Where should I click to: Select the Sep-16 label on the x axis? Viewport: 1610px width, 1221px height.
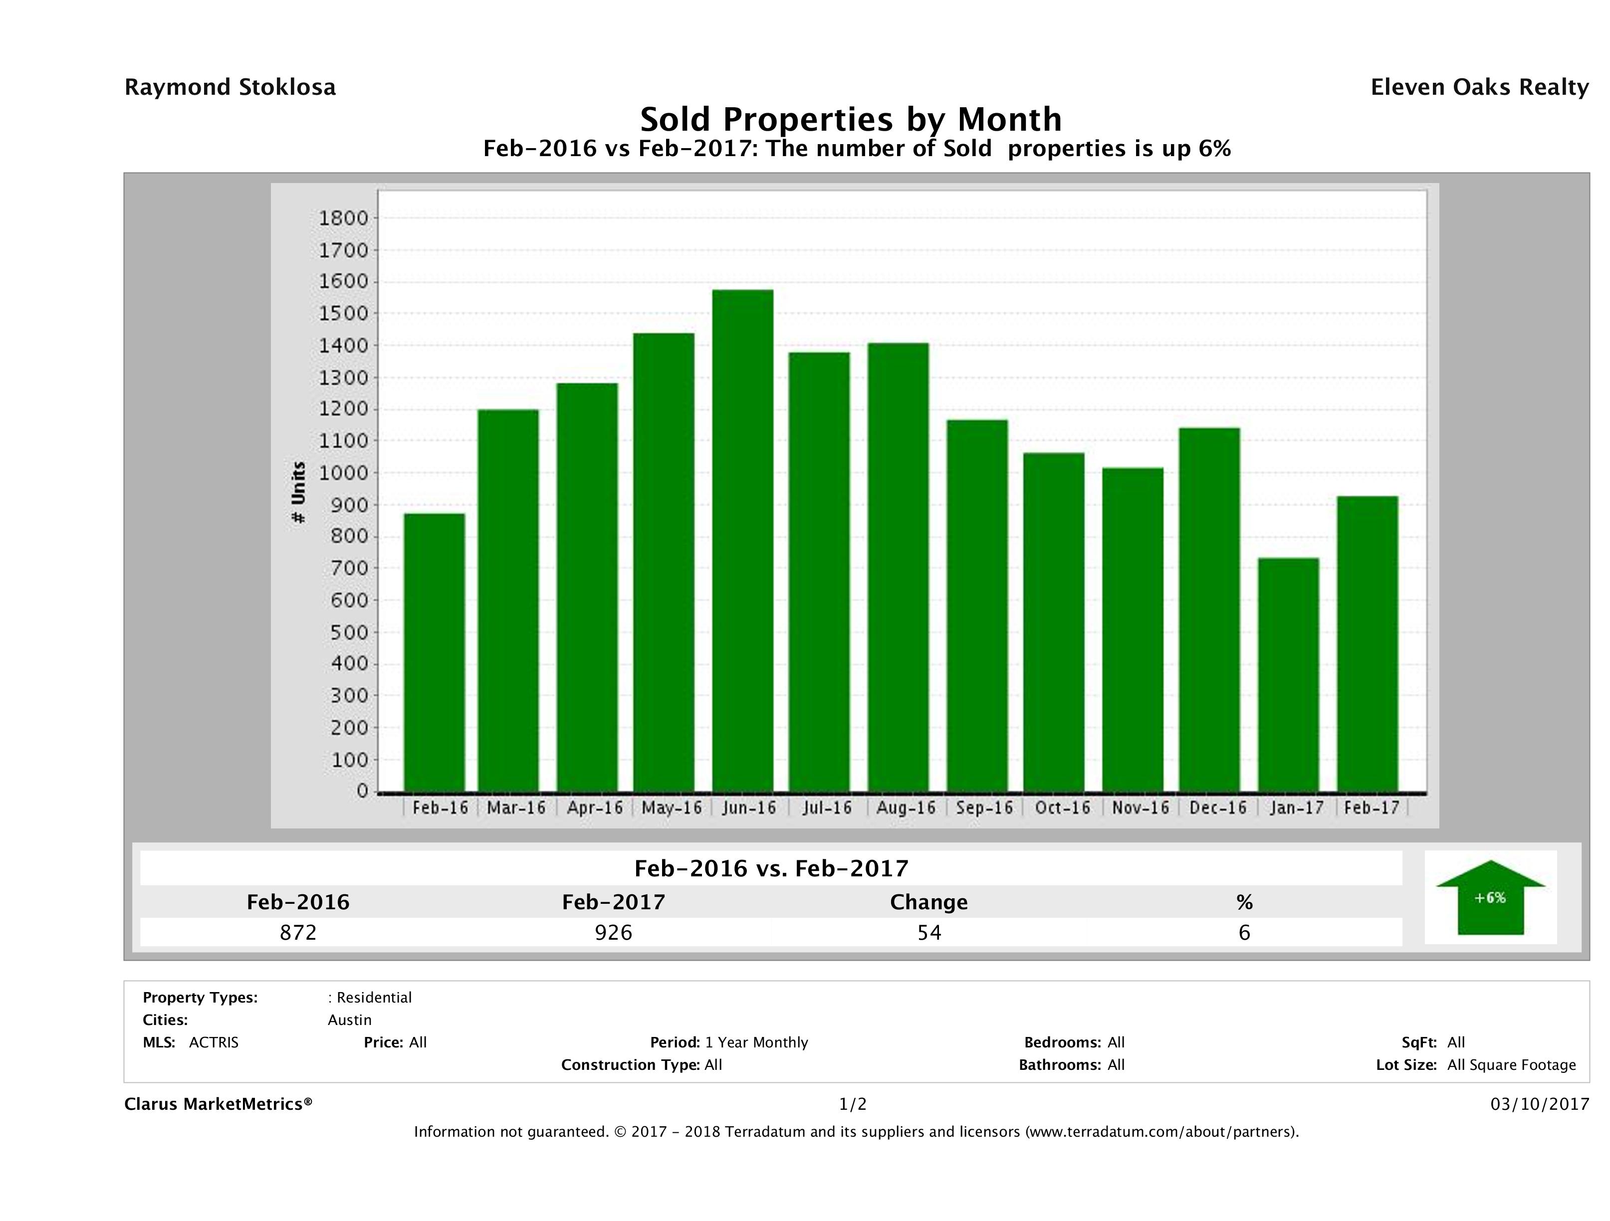click(984, 808)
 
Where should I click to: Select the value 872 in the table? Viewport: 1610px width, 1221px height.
click(298, 932)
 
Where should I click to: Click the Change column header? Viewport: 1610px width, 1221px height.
click(929, 902)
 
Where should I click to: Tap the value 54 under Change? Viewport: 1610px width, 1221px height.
click(929, 932)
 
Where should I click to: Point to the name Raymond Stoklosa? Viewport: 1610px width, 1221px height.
click(230, 87)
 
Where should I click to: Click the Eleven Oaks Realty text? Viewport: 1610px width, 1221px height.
click(1479, 87)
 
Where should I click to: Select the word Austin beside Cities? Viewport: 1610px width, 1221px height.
click(349, 1020)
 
